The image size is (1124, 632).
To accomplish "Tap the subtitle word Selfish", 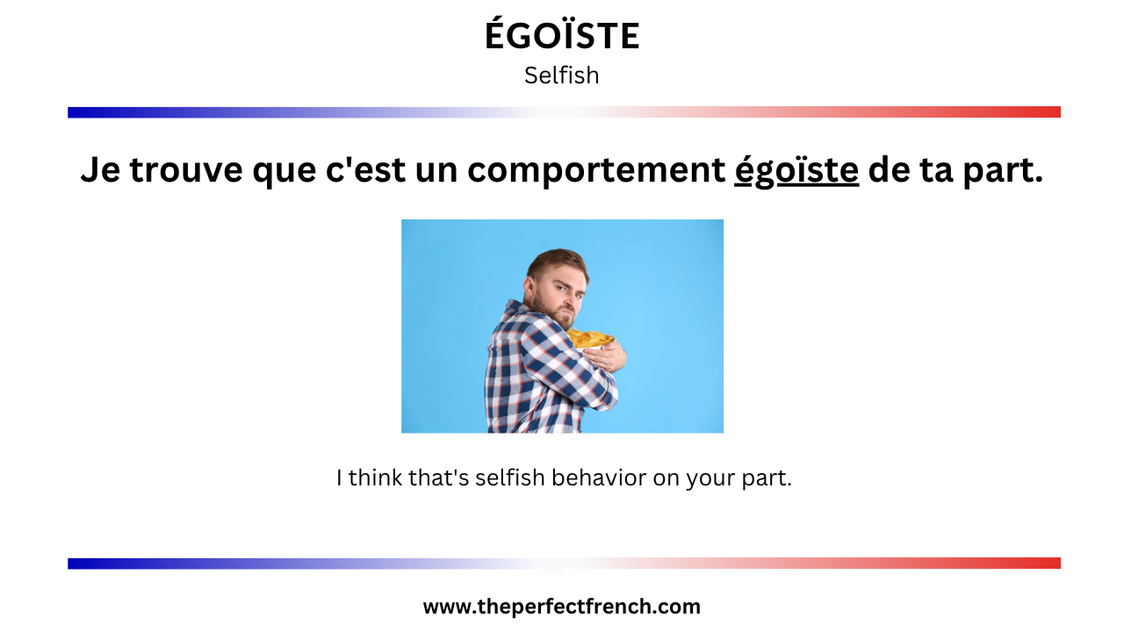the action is [561, 75].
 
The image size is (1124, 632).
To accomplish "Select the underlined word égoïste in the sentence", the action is [796, 169].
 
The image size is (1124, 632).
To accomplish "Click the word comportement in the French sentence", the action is [596, 170].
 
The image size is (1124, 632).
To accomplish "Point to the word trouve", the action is [185, 170].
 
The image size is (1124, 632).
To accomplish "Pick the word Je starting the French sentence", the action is [100, 169].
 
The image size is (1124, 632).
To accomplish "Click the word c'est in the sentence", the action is [365, 169].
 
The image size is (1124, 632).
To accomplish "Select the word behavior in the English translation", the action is [599, 478].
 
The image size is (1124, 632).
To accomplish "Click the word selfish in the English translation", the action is [510, 478].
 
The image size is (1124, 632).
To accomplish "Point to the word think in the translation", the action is [375, 478].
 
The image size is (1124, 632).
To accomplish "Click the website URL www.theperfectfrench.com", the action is [561, 607].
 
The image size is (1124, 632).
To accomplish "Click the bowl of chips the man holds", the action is [591, 340].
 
